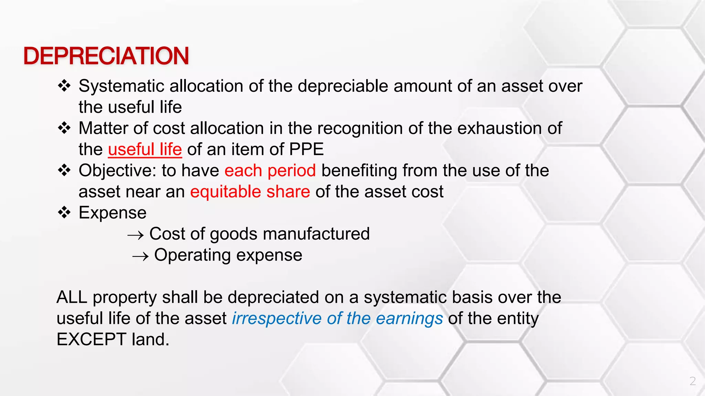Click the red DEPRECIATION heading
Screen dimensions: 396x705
(x=106, y=56)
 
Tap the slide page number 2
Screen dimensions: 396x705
(x=693, y=381)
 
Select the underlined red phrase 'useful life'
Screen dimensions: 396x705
(x=145, y=150)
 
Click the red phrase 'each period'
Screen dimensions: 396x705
(x=270, y=170)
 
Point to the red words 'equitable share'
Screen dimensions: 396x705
(x=250, y=192)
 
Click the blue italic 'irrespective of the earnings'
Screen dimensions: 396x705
(x=337, y=318)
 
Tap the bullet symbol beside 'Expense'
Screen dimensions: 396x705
(x=64, y=212)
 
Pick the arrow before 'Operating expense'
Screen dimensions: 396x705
(x=140, y=256)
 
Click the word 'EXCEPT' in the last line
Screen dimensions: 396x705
(x=92, y=340)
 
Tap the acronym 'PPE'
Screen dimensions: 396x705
(x=306, y=150)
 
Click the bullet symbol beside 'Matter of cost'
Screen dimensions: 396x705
(x=64, y=128)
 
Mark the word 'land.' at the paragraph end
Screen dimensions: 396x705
(x=151, y=340)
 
